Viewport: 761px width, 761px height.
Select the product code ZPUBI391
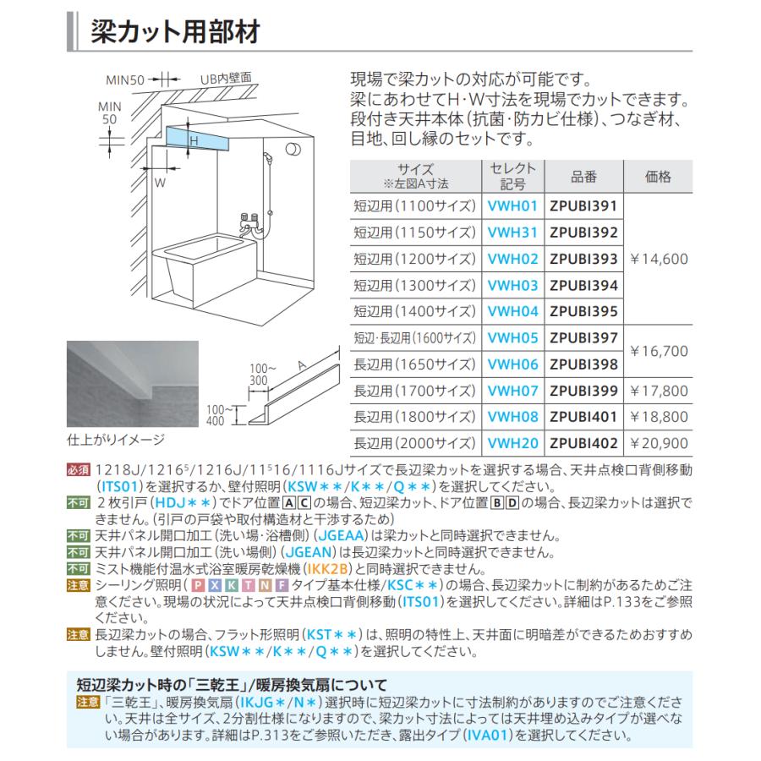pyautogui.click(x=583, y=205)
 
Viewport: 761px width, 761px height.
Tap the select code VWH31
pyautogui.click(x=513, y=232)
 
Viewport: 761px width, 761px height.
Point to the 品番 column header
pyautogui.click(x=583, y=177)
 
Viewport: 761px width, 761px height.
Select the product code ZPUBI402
pyautogui.click(x=583, y=443)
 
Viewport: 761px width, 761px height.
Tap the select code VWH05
pyautogui.click(x=513, y=337)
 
